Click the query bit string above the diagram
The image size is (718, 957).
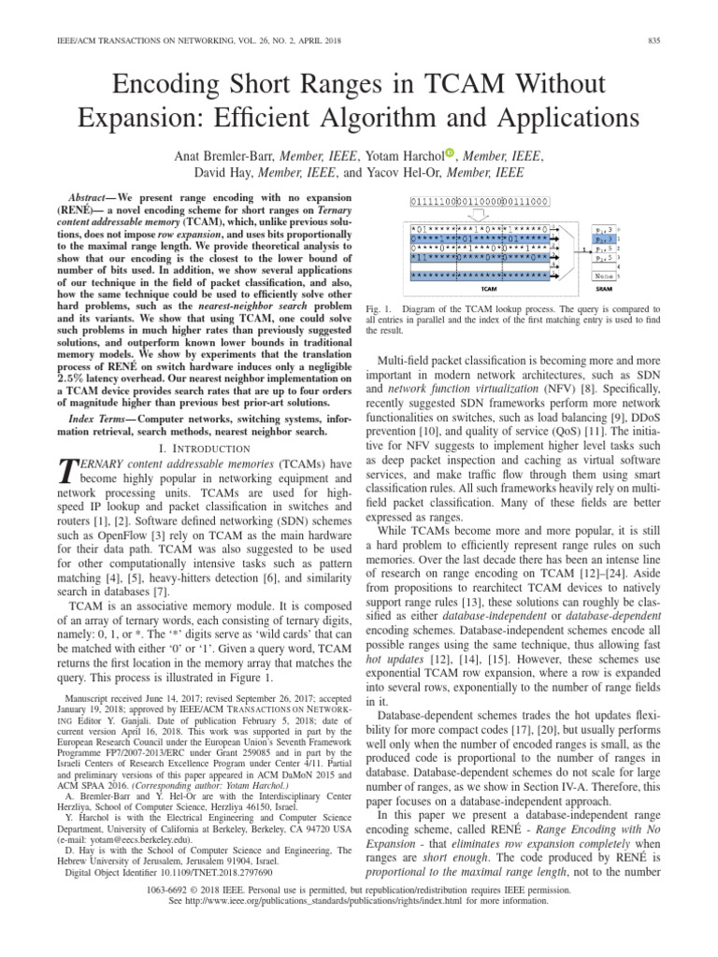(x=481, y=201)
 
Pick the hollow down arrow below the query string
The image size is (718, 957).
(x=480, y=216)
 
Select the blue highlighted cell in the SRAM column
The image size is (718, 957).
(x=605, y=240)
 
